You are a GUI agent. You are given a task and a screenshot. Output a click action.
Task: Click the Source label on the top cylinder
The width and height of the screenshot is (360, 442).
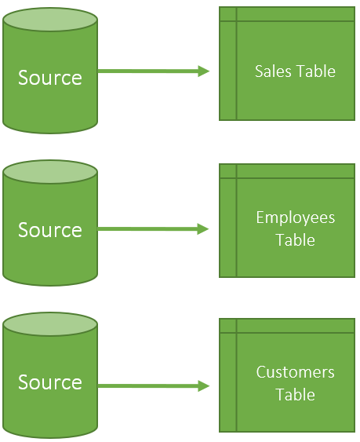50,78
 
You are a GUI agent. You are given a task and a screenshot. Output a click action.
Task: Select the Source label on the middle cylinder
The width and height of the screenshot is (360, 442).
50,230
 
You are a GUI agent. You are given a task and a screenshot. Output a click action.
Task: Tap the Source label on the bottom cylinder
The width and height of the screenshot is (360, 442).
50,382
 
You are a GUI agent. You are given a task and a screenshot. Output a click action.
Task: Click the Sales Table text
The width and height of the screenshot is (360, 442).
295,71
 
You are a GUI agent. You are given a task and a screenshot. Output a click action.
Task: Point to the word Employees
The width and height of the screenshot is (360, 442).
295,217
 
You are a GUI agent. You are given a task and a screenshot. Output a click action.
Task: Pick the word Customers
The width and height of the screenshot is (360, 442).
295,372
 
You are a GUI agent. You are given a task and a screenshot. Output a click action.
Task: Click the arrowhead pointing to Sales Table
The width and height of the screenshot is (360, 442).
204,71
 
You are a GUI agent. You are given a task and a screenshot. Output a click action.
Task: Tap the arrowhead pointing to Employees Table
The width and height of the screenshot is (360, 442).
204,229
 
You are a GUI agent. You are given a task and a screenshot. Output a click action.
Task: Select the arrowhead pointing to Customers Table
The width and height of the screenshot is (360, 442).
204,386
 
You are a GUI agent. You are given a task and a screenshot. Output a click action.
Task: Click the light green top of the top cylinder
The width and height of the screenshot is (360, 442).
50,20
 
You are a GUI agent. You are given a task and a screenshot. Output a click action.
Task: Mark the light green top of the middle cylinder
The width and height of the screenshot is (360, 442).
50,173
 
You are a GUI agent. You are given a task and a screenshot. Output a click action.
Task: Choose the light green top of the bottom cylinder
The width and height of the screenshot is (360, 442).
50,325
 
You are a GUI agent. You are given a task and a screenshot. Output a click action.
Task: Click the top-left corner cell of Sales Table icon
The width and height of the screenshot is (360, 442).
227,14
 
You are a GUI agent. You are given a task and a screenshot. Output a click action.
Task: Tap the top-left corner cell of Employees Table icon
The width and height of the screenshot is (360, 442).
227,170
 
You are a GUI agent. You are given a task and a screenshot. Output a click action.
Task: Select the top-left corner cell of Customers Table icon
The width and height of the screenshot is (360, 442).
227,325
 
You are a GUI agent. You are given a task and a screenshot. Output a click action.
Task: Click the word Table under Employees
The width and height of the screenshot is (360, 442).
295,240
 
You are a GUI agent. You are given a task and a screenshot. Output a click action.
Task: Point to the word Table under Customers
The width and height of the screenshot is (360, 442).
295,395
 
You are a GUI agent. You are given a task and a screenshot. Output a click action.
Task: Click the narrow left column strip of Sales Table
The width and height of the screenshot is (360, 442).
227,71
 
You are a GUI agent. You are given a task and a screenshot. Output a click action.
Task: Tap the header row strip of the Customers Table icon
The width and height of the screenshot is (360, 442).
295,325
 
